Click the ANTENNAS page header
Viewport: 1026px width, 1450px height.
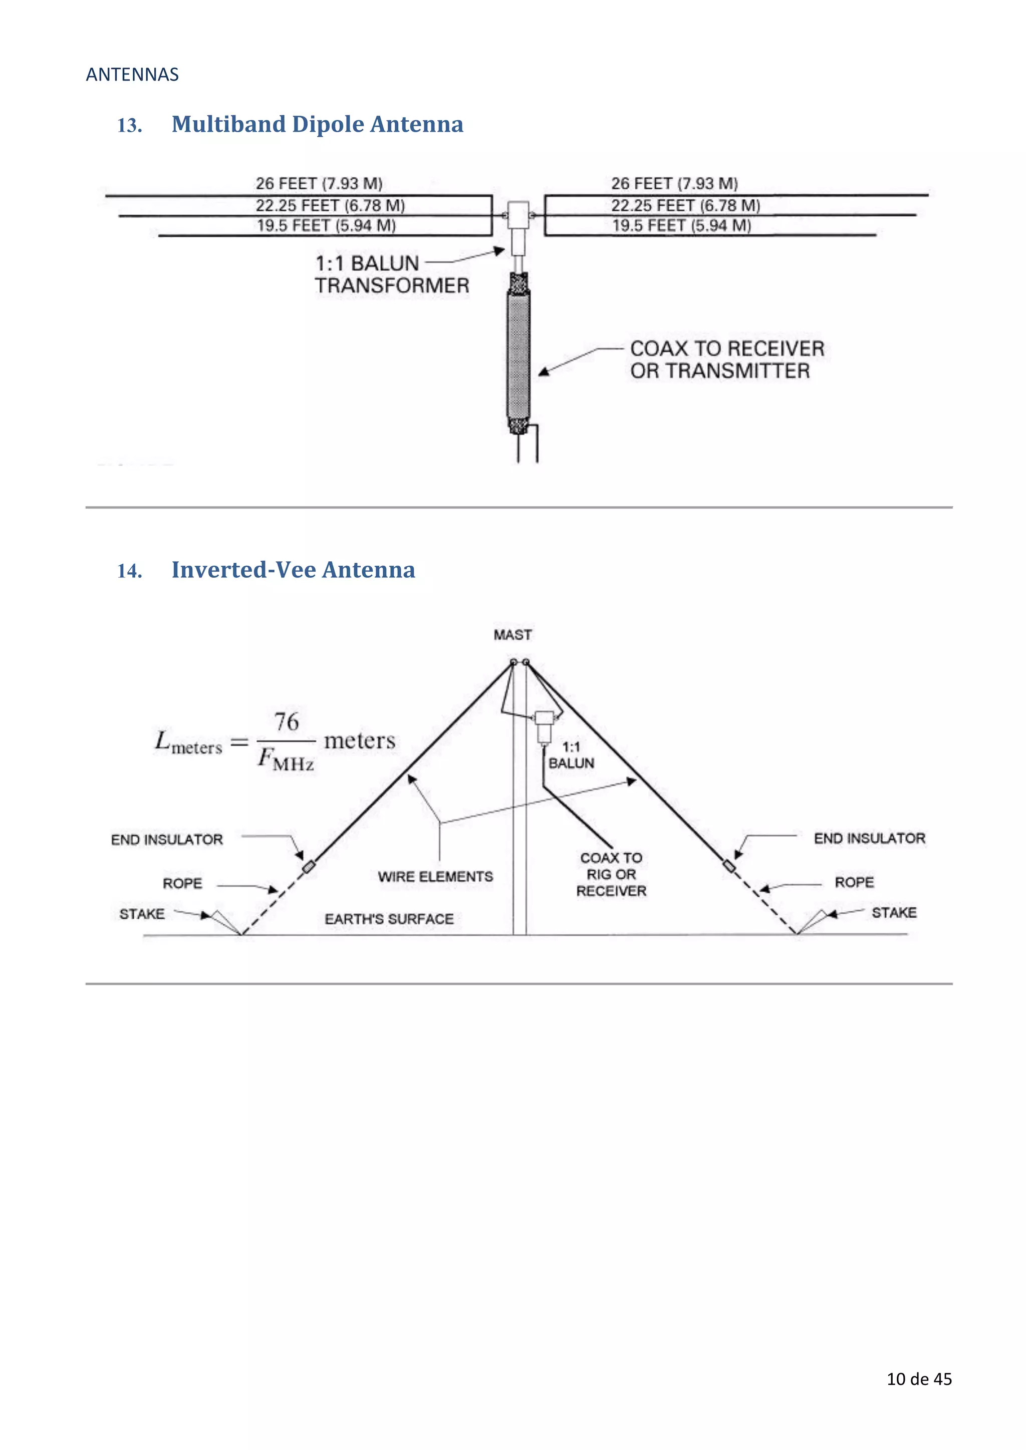pyautogui.click(x=132, y=75)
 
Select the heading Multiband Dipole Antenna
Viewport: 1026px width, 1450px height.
pyautogui.click(x=317, y=124)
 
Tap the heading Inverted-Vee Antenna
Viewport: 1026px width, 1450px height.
pyautogui.click(x=293, y=570)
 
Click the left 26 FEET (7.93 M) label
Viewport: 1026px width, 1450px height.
pyautogui.click(x=319, y=184)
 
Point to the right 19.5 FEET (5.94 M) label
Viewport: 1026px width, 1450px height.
pyautogui.click(x=681, y=225)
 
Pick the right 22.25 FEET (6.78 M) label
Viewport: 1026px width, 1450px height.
pyautogui.click(x=685, y=205)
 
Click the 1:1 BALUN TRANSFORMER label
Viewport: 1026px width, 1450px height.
pyautogui.click(x=392, y=274)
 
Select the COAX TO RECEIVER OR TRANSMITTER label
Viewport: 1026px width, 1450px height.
pyautogui.click(x=726, y=359)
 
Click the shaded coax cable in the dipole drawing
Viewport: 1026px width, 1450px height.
pyautogui.click(x=518, y=353)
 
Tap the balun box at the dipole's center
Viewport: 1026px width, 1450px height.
pyautogui.click(x=518, y=215)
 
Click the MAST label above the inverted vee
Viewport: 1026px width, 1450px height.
pyautogui.click(x=512, y=635)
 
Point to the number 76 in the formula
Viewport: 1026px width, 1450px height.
pyautogui.click(x=286, y=721)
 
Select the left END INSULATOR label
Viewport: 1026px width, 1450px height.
pyautogui.click(x=167, y=839)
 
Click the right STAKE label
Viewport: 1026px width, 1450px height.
pyautogui.click(x=893, y=913)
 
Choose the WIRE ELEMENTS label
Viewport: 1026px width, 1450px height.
pyautogui.click(x=435, y=877)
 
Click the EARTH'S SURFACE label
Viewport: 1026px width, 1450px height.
pyautogui.click(x=389, y=919)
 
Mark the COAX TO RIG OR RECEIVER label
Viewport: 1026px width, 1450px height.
pyautogui.click(x=611, y=874)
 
